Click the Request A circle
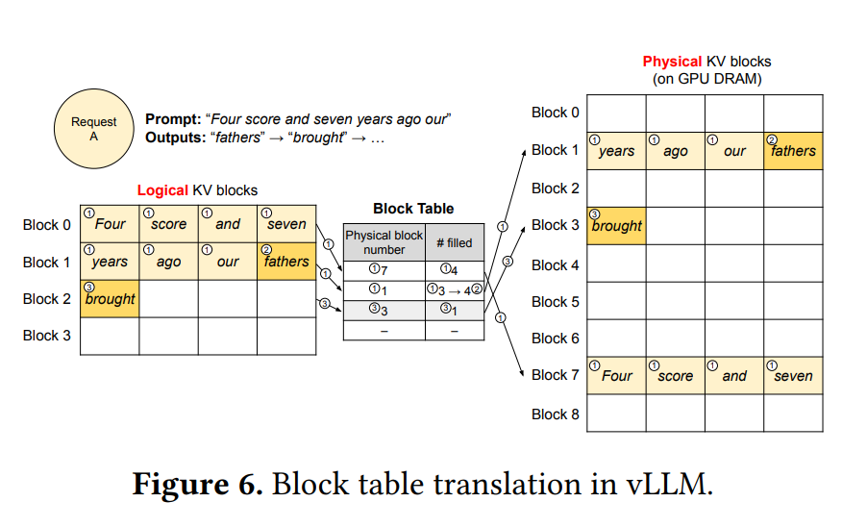[x=93, y=129]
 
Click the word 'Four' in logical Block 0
[x=111, y=224]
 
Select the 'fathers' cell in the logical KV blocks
[x=286, y=262]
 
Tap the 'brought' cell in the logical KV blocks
[x=110, y=299]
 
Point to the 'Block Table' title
[x=412, y=208]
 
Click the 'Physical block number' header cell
[x=384, y=242]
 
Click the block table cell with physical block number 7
[x=384, y=270]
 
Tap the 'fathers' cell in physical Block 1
[x=793, y=151]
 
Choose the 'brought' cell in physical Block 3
[x=616, y=226]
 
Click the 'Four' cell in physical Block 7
[x=616, y=376]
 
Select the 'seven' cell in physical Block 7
[x=793, y=376]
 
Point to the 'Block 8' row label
[x=555, y=414]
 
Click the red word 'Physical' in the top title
[x=672, y=62]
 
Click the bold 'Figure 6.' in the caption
[x=197, y=483]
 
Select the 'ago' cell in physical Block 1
[x=676, y=151]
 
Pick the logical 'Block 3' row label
[x=47, y=336]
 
